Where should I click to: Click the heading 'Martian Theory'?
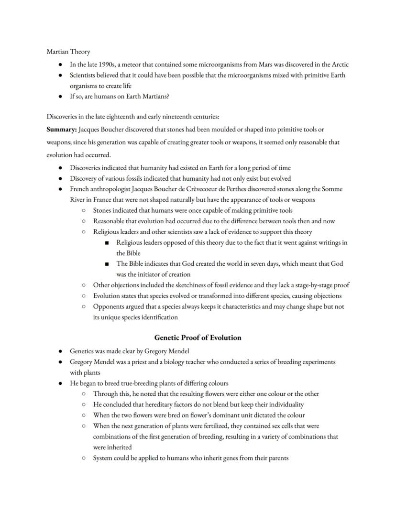(x=68, y=52)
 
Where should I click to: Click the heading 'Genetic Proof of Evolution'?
(x=198, y=338)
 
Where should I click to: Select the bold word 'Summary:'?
(x=61, y=130)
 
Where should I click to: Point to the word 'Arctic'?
(x=339, y=65)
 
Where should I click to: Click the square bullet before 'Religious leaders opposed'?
(x=106, y=243)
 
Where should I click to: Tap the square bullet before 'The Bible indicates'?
(x=106, y=264)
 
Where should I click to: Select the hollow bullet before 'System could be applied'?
(x=83, y=458)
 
